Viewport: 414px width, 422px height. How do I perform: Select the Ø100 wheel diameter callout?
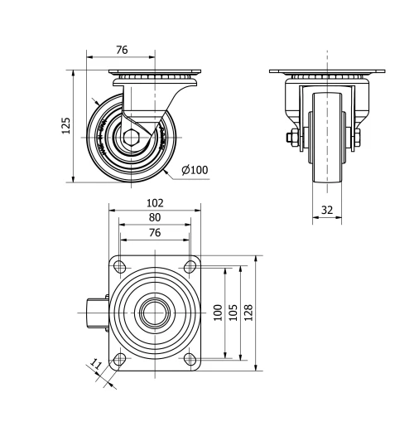[195, 171]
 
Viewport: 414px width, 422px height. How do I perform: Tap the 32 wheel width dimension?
[327, 211]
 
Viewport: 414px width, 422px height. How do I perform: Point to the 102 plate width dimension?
[155, 202]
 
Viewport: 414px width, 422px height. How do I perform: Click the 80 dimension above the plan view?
[155, 218]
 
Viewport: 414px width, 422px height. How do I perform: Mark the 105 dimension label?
[234, 312]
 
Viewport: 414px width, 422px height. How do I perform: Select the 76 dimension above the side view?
[121, 51]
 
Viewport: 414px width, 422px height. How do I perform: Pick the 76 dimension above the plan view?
[155, 234]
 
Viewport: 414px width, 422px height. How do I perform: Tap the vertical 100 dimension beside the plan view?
[218, 312]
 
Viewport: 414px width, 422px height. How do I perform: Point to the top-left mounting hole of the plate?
[120, 267]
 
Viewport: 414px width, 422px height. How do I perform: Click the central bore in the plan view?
[155, 313]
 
